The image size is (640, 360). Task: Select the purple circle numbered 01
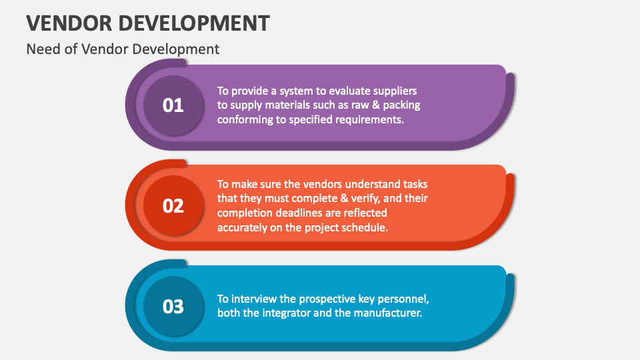point(173,105)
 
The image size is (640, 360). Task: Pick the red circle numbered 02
point(173,205)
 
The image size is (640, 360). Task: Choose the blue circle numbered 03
point(173,306)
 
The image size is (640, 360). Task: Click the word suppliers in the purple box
point(395,91)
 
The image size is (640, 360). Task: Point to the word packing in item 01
point(401,105)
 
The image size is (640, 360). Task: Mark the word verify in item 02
point(366,199)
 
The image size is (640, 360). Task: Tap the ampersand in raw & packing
point(376,105)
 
